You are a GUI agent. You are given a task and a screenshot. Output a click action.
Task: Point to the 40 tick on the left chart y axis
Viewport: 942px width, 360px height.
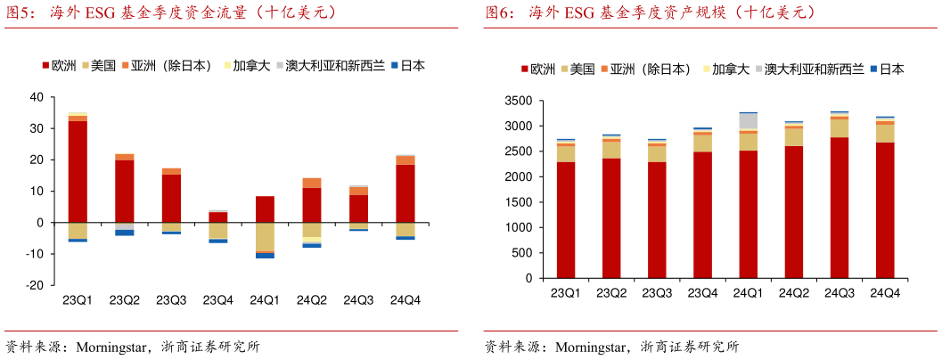click(x=37, y=97)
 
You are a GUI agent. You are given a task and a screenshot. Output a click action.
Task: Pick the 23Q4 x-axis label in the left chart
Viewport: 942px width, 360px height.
click(x=218, y=300)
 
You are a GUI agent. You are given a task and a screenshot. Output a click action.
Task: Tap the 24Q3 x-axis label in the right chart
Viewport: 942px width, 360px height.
click(x=840, y=293)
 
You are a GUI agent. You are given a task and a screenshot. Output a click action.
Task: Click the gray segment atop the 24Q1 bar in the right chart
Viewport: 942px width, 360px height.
click(x=748, y=120)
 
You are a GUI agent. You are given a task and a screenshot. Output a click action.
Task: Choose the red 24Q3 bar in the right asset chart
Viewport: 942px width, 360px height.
click(x=840, y=208)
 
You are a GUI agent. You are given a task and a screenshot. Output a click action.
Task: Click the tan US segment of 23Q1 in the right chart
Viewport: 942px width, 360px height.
click(x=565, y=153)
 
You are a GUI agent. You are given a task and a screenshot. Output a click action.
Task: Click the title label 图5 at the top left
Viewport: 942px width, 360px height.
click(x=20, y=13)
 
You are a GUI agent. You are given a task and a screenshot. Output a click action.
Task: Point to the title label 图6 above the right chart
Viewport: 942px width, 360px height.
click(x=498, y=13)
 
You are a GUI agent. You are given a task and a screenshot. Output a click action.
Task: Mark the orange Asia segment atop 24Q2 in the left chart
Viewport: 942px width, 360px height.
click(x=312, y=183)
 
